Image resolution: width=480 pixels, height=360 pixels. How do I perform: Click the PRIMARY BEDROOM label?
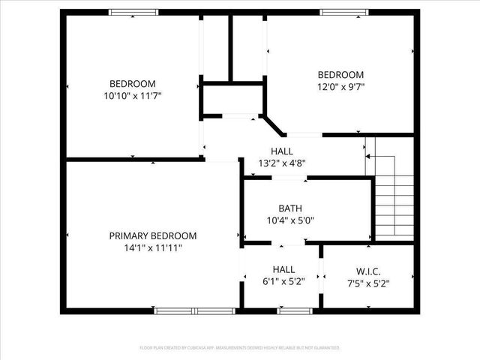[x=153, y=235]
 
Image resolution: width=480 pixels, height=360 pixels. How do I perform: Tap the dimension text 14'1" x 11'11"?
[x=153, y=247]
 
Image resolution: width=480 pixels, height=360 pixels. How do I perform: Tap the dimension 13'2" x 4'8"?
[x=282, y=163]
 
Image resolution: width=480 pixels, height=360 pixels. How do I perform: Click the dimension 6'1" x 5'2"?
[x=283, y=282]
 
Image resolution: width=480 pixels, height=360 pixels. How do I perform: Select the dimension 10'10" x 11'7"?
[x=133, y=95]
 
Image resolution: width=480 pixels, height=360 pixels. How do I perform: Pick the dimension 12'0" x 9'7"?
[x=340, y=87]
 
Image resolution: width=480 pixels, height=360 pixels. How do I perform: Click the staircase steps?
[x=393, y=202]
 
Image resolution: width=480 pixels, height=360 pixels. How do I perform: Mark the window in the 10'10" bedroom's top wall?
[x=133, y=12]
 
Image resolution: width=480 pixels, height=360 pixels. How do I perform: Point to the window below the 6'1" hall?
[x=295, y=310]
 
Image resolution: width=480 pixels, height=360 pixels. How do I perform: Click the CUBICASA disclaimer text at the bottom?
[x=240, y=348]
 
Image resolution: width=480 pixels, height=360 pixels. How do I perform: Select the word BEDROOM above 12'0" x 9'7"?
[x=340, y=75]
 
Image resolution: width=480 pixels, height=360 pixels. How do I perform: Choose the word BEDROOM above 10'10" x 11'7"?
[x=133, y=83]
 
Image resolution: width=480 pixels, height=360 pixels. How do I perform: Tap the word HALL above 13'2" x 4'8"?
[x=282, y=151]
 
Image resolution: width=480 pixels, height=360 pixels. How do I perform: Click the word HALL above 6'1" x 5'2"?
[x=283, y=270]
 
